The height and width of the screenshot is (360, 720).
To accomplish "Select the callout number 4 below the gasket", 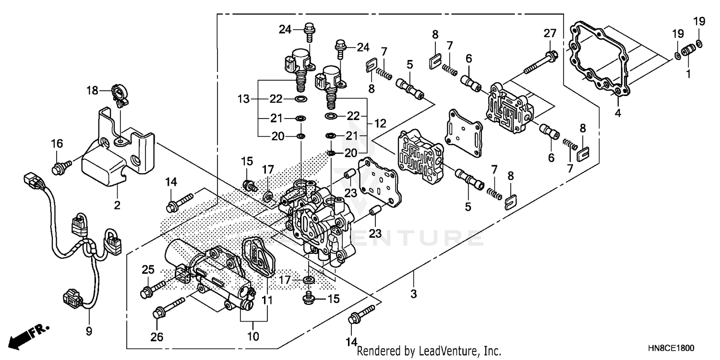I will click(618, 113).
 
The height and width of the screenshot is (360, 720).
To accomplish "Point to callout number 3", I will click(414, 293).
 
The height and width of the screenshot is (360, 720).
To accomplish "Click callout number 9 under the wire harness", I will click(89, 331).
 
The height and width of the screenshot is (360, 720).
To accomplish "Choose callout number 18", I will click(92, 90).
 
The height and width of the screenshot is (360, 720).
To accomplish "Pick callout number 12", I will click(380, 123).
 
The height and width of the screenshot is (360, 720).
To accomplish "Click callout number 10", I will click(253, 336).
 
